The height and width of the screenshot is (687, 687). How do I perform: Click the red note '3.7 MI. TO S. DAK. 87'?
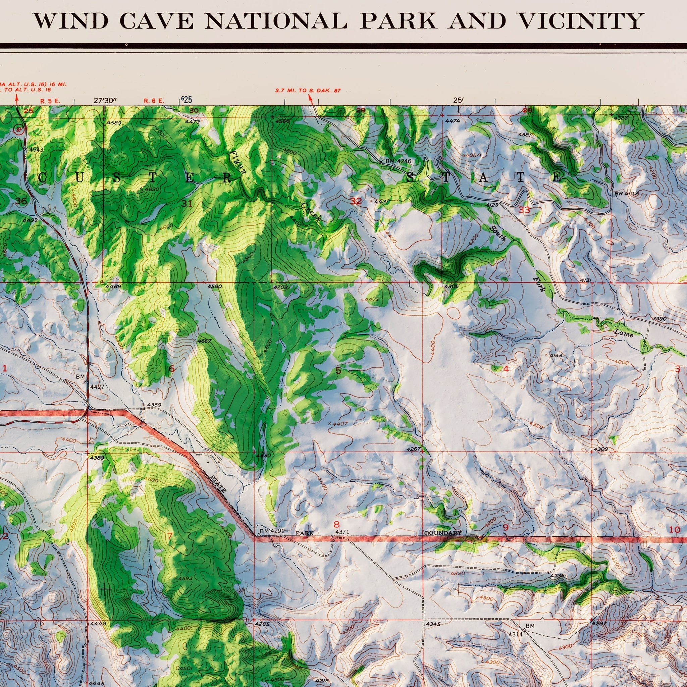point(308,91)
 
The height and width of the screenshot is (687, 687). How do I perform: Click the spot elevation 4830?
point(152,190)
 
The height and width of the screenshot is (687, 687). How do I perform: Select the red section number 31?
point(187,203)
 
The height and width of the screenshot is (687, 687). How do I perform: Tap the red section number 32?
point(356,201)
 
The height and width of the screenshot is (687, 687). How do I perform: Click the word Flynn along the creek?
point(238,162)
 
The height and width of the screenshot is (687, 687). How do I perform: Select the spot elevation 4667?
point(205,341)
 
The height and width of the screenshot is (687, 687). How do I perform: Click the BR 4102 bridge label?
point(626,194)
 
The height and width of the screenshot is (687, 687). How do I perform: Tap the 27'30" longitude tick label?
point(105,101)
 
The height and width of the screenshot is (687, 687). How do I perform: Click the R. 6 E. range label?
point(154,101)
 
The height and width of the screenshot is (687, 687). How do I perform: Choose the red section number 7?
point(170,536)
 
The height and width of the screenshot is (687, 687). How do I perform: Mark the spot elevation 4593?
point(185,578)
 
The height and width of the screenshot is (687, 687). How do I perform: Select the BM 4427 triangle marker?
point(87,381)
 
